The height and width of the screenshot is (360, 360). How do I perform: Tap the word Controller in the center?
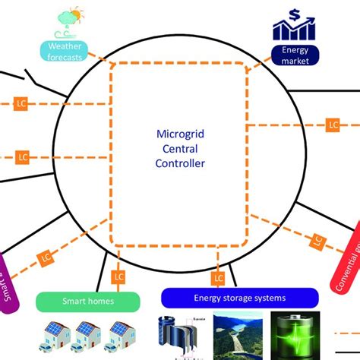click(179, 163)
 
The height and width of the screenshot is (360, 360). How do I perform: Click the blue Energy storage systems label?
click(240, 298)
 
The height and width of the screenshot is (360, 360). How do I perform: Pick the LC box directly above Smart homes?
click(118, 277)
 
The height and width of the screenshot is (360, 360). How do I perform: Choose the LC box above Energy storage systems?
click(219, 278)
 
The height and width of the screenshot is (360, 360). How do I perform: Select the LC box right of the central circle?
click(332, 125)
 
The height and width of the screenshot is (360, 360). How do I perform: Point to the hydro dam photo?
click(242, 336)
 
